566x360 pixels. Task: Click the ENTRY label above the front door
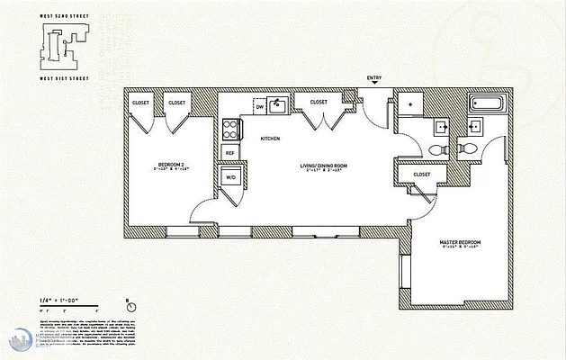(374, 79)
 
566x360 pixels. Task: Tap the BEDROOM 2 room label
(171, 165)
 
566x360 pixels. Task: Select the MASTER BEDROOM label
(460, 243)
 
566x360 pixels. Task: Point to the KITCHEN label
(270, 139)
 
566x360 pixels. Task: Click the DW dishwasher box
(260, 106)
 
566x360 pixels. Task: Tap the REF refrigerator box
(229, 153)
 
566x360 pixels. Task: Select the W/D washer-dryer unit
(229, 177)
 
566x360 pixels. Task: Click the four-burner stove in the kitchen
(230, 126)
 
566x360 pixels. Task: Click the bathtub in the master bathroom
(488, 103)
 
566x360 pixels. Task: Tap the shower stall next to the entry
(409, 104)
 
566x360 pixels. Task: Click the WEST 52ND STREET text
(58, 12)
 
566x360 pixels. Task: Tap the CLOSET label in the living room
(319, 102)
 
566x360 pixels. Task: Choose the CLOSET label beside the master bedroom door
(422, 174)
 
